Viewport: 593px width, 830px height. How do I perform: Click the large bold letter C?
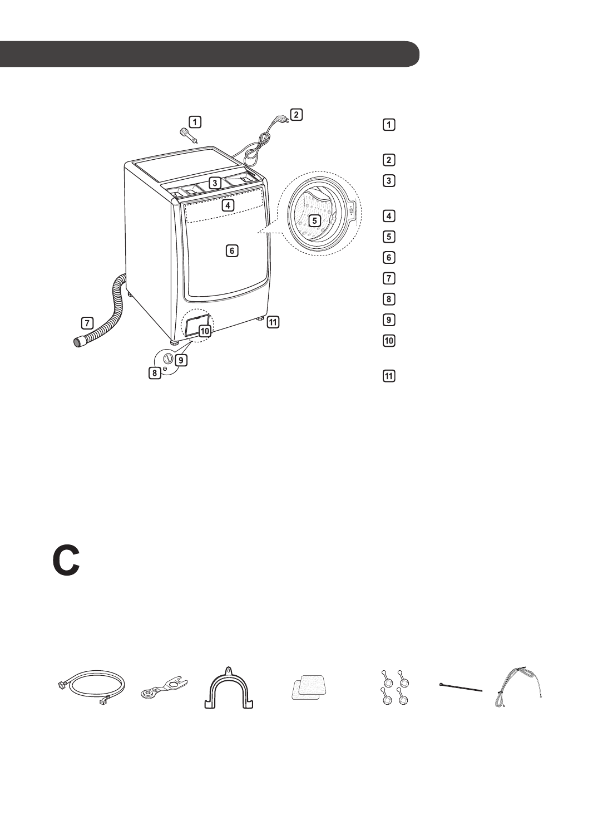pyautogui.click(x=66, y=561)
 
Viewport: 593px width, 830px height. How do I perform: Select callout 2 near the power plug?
pyautogui.click(x=296, y=115)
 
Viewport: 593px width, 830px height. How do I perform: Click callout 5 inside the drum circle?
pyautogui.click(x=315, y=220)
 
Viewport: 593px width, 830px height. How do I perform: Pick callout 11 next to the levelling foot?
pyautogui.click(x=273, y=321)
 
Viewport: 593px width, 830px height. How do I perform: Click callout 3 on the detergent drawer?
pyautogui.click(x=215, y=182)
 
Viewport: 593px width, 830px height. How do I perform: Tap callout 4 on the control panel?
pyautogui.click(x=228, y=205)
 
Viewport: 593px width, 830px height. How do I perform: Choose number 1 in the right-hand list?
pyautogui.click(x=389, y=125)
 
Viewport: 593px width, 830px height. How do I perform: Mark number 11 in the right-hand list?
pyautogui.click(x=389, y=376)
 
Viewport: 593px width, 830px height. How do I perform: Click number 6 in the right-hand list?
pyautogui.click(x=389, y=257)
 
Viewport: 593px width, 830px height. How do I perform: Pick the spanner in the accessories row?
pyautogui.click(x=163, y=687)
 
